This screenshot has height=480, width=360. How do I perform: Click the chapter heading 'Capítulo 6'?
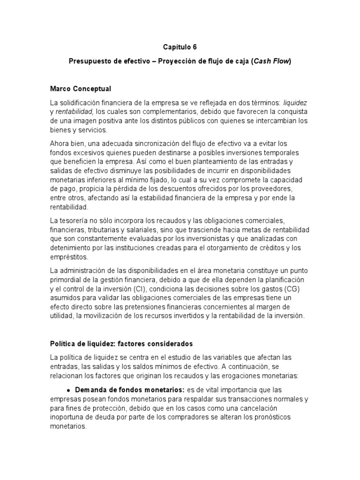(x=180, y=47)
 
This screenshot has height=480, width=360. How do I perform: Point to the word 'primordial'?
(x=67, y=280)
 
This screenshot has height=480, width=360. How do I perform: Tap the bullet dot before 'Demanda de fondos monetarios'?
(x=68, y=390)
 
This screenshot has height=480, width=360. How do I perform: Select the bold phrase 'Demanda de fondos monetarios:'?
(x=130, y=390)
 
